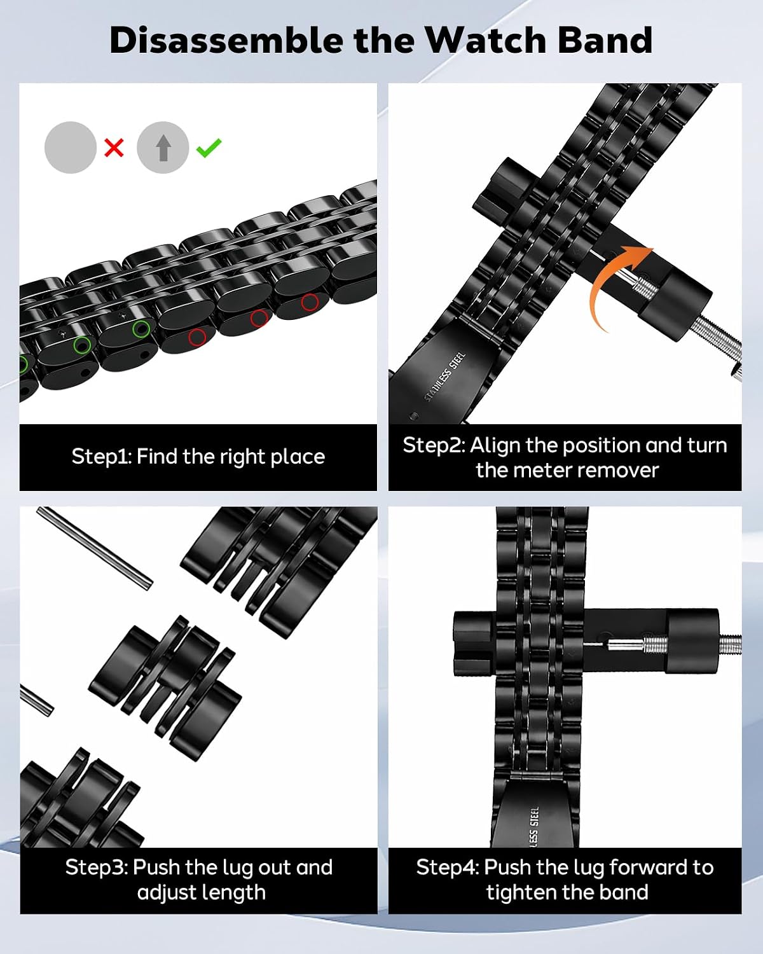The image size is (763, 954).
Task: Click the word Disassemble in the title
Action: coord(226,40)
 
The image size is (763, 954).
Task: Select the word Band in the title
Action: coord(605,40)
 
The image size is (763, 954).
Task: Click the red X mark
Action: coord(114,148)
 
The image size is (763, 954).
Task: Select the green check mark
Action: coord(209,148)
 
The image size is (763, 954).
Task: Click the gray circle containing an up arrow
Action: coord(163,147)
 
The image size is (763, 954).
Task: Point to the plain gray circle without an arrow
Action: coord(71,147)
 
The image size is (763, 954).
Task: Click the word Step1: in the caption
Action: coord(102,457)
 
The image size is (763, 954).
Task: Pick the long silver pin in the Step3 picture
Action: coord(95,548)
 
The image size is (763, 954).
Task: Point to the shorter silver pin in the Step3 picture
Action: coord(37,701)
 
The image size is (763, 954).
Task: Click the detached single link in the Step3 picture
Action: coord(165,688)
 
